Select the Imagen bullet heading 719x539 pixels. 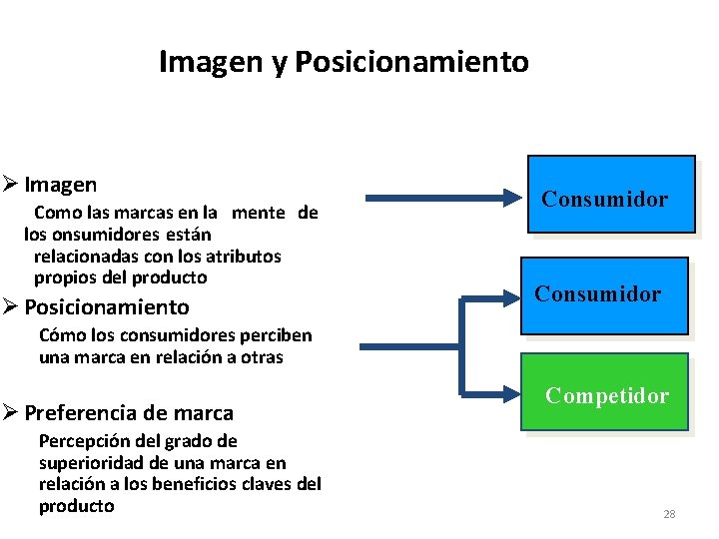[61, 185]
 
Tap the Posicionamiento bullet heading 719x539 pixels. [106, 306]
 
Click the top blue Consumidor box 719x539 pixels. [610, 195]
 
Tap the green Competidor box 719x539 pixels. [605, 392]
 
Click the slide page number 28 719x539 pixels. [669, 514]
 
